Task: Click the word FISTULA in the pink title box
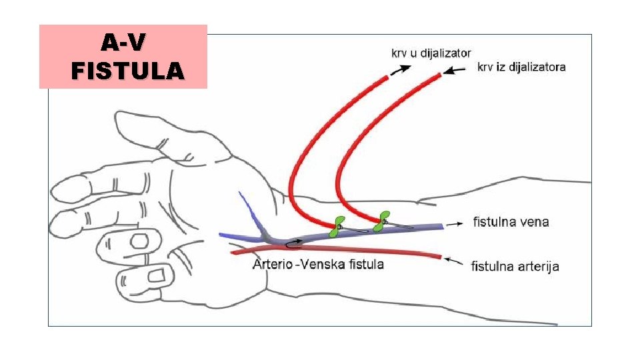pyautogui.click(x=127, y=69)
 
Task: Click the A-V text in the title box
pyautogui.click(x=123, y=43)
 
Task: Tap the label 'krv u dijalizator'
pyautogui.click(x=431, y=53)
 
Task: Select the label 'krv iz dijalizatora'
pyautogui.click(x=521, y=67)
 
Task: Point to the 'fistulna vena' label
pyautogui.click(x=511, y=222)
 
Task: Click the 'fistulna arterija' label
pyautogui.click(x=515, y=267)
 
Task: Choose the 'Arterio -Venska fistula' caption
pyautogui.click(x=318, y=265)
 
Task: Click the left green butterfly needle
pyautogui.click(x=338, y=227)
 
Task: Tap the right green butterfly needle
pyautogui.click(x=382, y=221)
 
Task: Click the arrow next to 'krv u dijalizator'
pyautogui.click(x=400, y=69)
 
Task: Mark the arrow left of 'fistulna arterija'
pyautogui.click(x=455, y=261)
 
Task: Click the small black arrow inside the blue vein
pyautogui.click(x=293, y=242)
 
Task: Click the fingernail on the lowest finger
pyautogui.click(x=158, y=274)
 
